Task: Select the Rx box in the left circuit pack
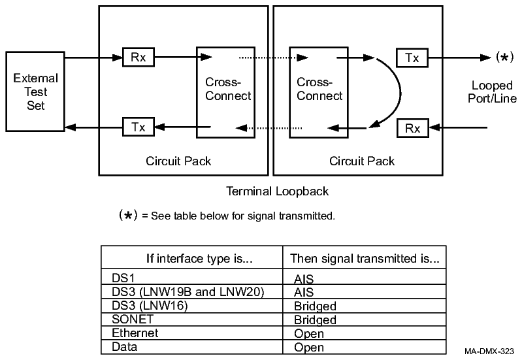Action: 138,57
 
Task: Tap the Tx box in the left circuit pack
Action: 138,127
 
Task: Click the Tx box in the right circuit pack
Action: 412,57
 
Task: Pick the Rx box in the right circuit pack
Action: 412,128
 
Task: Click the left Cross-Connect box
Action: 228,91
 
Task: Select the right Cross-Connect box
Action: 320,91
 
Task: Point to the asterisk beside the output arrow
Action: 503,57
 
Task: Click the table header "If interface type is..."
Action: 191,258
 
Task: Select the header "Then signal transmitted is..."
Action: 364,258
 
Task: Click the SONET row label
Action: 130,319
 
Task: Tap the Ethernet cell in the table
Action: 135,333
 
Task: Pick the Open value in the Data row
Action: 309,348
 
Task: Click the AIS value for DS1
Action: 304,278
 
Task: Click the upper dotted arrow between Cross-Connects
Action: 272,57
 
